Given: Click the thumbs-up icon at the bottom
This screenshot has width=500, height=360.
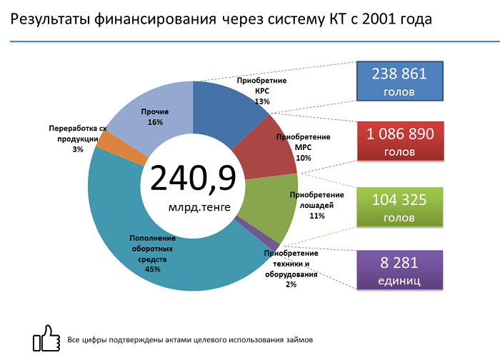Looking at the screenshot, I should click(46, 337).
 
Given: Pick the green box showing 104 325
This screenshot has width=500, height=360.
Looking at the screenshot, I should click(399, 208).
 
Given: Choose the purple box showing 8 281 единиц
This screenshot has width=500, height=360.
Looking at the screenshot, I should click(399, 269).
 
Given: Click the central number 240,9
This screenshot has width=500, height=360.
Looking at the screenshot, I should click(193, 179).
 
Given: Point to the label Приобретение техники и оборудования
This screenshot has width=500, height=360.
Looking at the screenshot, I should click(291, 264).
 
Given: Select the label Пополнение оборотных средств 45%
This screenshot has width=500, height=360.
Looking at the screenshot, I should click(152, 254).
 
